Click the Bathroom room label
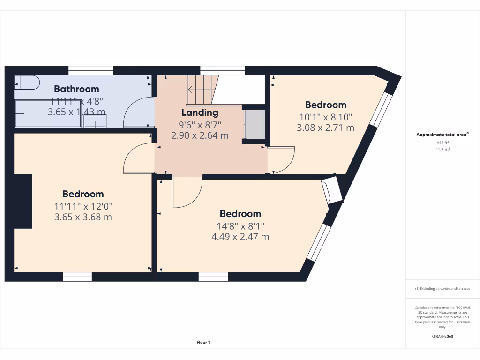point(76,89)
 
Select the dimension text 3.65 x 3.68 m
point(83,217)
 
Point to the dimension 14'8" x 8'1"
point(240,225)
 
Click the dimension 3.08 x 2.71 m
point(325,127)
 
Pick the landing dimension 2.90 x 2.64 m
point(200,136)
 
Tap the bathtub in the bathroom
point(48,114)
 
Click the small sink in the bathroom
point(95,122)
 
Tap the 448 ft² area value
point(442,142)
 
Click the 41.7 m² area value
point(442,150)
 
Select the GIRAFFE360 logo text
point(442,336)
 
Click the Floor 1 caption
point(203,343)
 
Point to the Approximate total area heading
point(442,135)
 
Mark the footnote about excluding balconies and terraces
point(442,289)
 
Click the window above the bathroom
point(90,71)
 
